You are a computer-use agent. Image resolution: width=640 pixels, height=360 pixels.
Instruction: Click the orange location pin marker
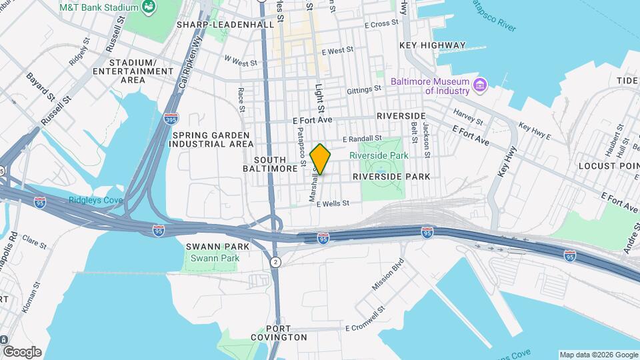tap(321, 159)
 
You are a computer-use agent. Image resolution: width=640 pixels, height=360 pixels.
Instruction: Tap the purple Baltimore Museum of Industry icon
tap(479, 85)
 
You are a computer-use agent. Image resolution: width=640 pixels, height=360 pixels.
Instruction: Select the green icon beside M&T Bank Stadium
tap(149, 7)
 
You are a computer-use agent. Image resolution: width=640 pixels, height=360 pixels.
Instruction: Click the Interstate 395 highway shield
tap(171, 118)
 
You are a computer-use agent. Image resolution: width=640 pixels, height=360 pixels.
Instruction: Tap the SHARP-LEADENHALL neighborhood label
tap(225, 25)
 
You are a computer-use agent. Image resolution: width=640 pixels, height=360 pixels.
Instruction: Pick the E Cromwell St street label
tap(366, 328)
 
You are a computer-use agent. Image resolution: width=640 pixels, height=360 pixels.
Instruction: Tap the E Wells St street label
tap(333, 204)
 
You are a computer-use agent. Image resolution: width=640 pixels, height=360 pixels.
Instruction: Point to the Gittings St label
tap(363, 88)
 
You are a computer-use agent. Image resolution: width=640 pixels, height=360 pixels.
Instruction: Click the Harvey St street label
tap(467, 116)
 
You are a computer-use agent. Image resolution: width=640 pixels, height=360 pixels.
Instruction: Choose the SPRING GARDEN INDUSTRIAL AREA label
tap(211, 139)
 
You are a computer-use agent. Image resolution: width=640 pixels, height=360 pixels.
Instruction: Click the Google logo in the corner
tap(22, 351)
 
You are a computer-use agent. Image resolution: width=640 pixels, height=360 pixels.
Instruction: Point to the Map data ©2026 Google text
tap(597, 355)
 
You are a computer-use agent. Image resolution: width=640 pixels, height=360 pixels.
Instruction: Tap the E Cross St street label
tap(381, 24)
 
